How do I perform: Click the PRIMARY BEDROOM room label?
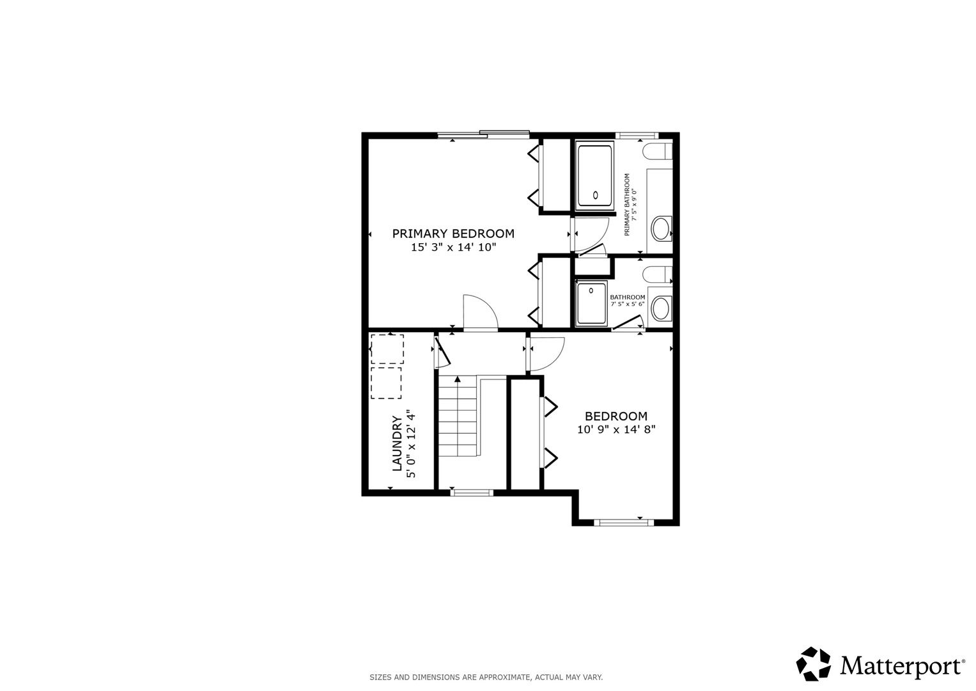tap(453, 234)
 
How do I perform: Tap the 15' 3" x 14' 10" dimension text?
tap(454, 248)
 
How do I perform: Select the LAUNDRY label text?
tap(397, 443)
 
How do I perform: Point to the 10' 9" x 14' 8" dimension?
tap(616, 430)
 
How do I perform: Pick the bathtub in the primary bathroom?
tap(595, 176)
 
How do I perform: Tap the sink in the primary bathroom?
tap(661, 228)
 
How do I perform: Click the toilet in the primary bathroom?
tap(658, 152)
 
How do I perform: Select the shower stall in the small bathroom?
tap(591, 304)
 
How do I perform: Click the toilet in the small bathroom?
tap(658, 274)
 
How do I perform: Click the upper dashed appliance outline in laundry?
tap(387, 349)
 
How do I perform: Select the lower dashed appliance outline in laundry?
tap(386, 383)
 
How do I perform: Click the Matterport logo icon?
tap(814, 663)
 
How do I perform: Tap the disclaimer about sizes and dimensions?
tap(486, 678)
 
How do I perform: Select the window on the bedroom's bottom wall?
tap(624, 523)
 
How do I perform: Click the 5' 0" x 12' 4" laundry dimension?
tap(411, 443)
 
